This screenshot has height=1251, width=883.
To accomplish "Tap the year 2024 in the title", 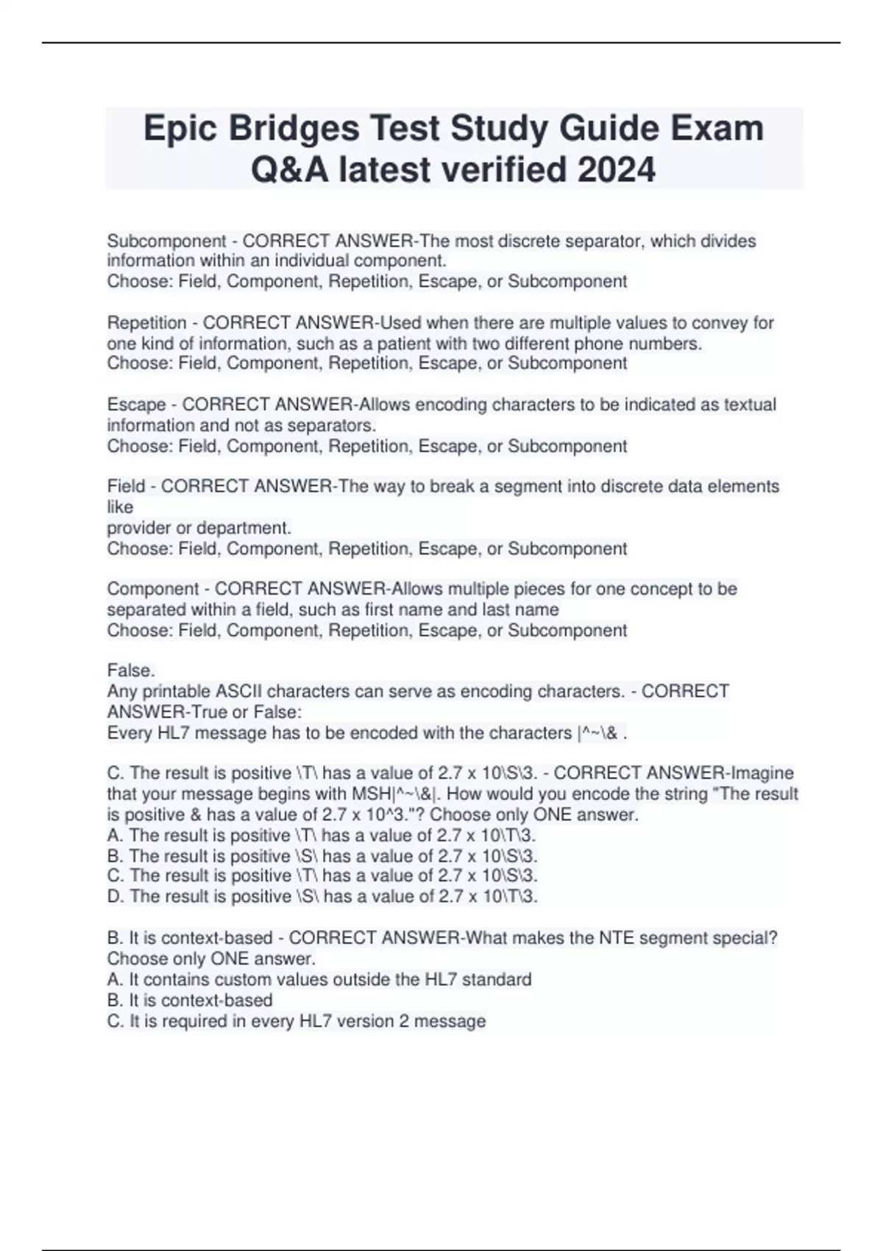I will pyautogui.click(x=617, y=171).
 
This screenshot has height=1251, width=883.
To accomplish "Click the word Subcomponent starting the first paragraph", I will pyautogui.click(x=166, y=241).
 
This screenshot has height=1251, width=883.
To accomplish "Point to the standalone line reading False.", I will pyautogui.click(x=131, y=671).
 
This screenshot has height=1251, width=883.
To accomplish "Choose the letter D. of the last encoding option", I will pyautogui.click(x=116, y=897).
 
